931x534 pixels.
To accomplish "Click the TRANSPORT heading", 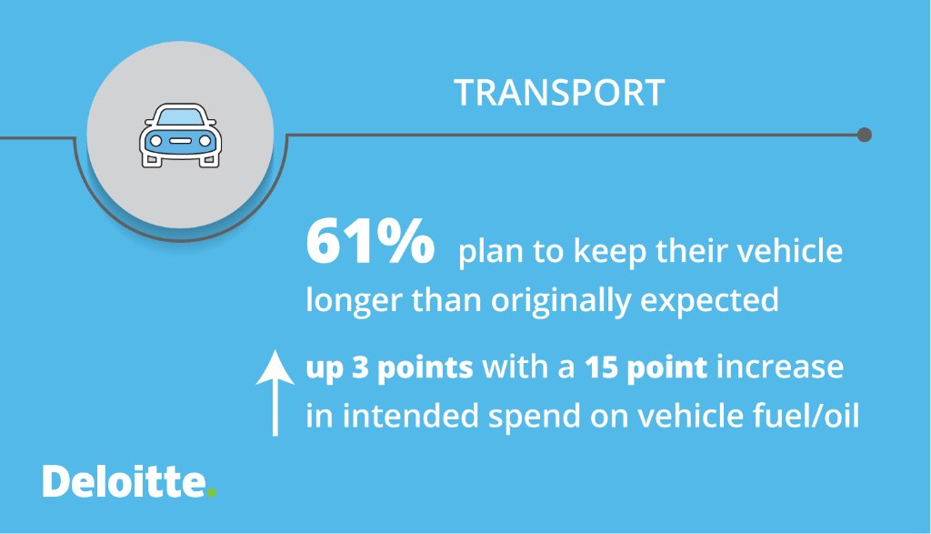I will tap(559, 93).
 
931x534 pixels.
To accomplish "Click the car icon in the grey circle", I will tap(179, 136).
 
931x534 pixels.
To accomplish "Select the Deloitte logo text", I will tap(124, 482).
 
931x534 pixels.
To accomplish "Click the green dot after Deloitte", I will tap(212, 493).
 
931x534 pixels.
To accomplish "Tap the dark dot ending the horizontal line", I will tap(865, 135).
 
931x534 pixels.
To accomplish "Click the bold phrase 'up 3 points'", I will tap(389, 368).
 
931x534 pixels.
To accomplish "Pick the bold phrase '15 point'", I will tap(646, 368).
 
